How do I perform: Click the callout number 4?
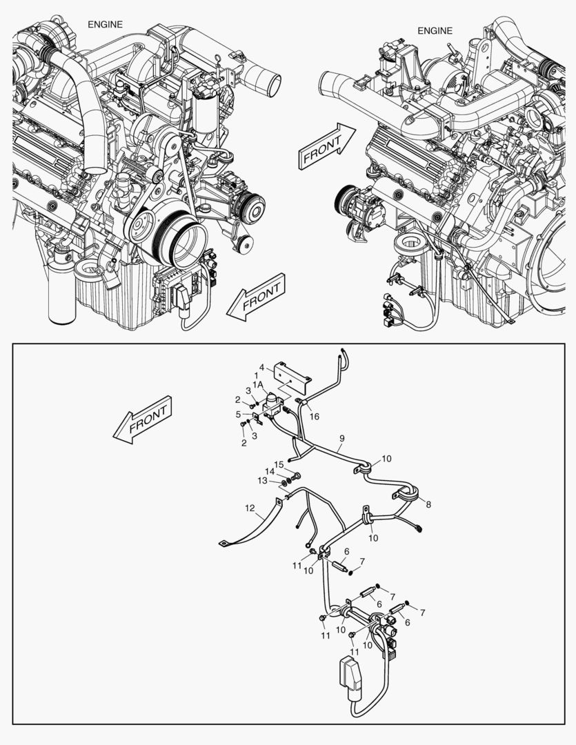pos(262,367)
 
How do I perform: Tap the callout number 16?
pos(314,417)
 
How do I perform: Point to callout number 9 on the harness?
pos(341,438)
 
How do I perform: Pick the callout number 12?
pos(249,509)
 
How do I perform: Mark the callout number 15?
pos(279,464)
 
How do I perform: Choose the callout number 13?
pos(262,480)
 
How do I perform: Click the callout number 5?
pos(238,415)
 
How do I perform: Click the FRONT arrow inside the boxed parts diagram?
pos(143,419)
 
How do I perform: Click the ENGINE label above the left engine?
pos(105,24)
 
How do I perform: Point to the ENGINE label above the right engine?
pos(435,30)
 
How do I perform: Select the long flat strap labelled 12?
pos(255,524)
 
